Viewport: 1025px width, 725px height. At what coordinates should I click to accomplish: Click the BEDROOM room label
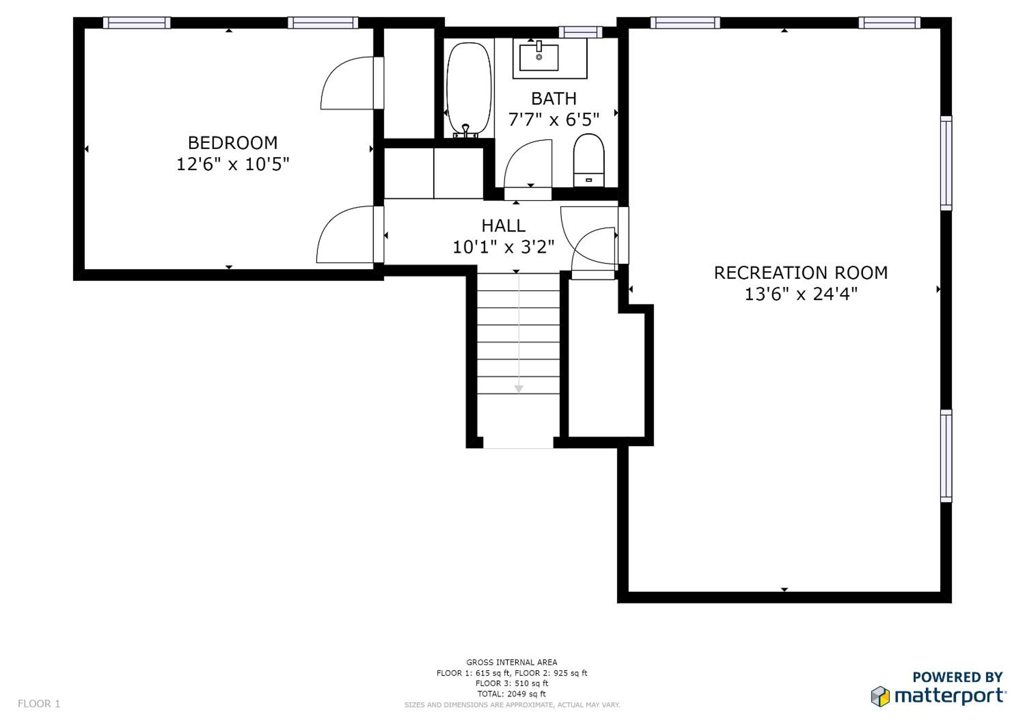tap(233, 143)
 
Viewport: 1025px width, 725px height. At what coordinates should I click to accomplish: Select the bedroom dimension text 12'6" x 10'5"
tap(233, 164)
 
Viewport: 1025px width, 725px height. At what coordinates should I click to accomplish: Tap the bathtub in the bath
tap(469, 90)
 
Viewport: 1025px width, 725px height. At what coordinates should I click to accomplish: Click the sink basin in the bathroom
tap(539, 57)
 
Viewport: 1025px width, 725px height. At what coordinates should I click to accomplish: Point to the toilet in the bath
tap(588, 160)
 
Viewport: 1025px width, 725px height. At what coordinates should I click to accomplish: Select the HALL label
tap(503, 226)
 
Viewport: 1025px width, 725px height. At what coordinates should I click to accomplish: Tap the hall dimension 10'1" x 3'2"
tap(503, 247)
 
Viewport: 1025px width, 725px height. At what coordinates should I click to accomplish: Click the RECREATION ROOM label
tap(801, 273)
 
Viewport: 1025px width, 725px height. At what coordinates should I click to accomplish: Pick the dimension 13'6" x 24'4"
tap(801, 294)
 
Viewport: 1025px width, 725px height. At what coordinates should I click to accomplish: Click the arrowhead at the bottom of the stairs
tap(518, 389)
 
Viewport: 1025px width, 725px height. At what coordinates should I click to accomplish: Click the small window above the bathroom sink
tap(580, 32)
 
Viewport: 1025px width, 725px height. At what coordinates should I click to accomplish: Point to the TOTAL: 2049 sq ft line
tap(512, 694)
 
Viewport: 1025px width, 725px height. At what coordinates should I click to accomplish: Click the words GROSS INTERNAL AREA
tap(512, 662)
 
